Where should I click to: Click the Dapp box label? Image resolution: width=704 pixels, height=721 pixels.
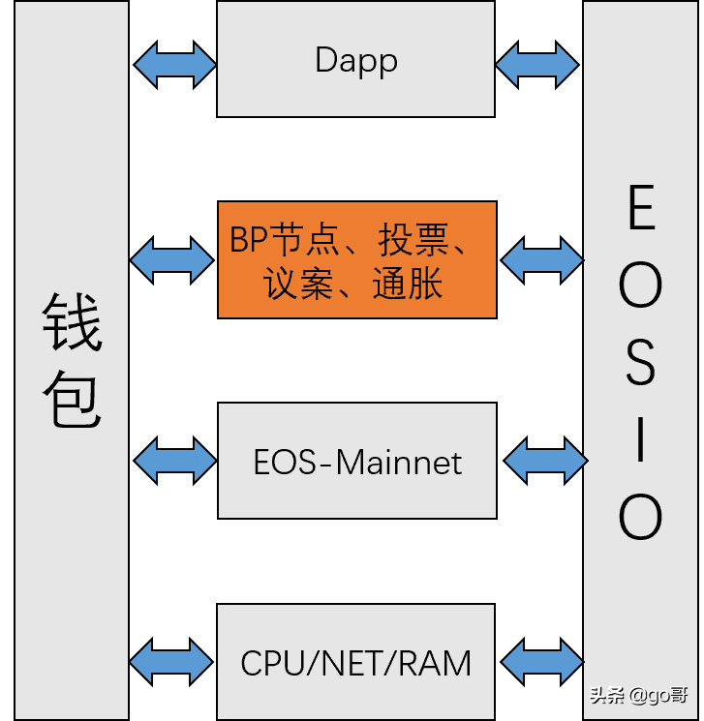(x=356, y=61)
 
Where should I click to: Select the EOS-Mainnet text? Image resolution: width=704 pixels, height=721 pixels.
(x=357, y=462)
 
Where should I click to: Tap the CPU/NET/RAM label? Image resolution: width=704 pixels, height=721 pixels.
(x=356, y=663)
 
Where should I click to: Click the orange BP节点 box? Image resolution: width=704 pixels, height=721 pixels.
(x=356, y=259)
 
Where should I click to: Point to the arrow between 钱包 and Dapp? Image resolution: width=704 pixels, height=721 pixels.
(x=174, y=65)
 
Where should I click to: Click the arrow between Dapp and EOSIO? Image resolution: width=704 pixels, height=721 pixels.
(x=537, y=65)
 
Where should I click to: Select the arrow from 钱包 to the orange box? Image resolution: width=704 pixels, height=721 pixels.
(x=172, y=259)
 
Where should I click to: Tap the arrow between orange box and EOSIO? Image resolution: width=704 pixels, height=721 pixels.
(x=541, y=259)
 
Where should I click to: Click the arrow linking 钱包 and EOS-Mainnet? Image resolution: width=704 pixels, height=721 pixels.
(x=174, y=460)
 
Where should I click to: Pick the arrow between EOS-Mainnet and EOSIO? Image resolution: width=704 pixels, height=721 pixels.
(x=544, y=460)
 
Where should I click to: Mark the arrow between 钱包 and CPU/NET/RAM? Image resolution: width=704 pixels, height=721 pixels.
(x=172, y=661)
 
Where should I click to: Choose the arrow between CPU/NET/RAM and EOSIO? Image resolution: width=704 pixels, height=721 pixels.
(x=540, y=661)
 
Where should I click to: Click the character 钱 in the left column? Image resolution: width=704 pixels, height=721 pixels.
(x=72, y=323)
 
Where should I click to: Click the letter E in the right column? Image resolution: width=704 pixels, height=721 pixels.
(x=641, y=208)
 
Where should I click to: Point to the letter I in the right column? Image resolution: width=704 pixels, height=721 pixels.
(x=640, y=440)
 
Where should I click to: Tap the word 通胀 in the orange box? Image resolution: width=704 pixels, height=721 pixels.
(x=408, y=284)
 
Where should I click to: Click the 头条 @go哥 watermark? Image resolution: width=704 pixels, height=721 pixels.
(x=639, y=696)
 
